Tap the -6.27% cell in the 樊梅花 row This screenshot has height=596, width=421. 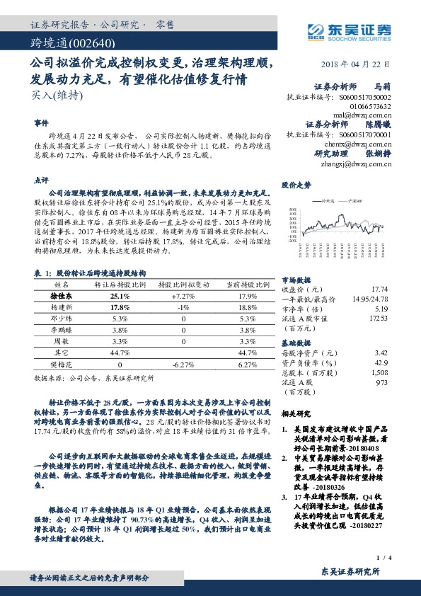point(183,365)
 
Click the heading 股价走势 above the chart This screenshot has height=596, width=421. point(296,185)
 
